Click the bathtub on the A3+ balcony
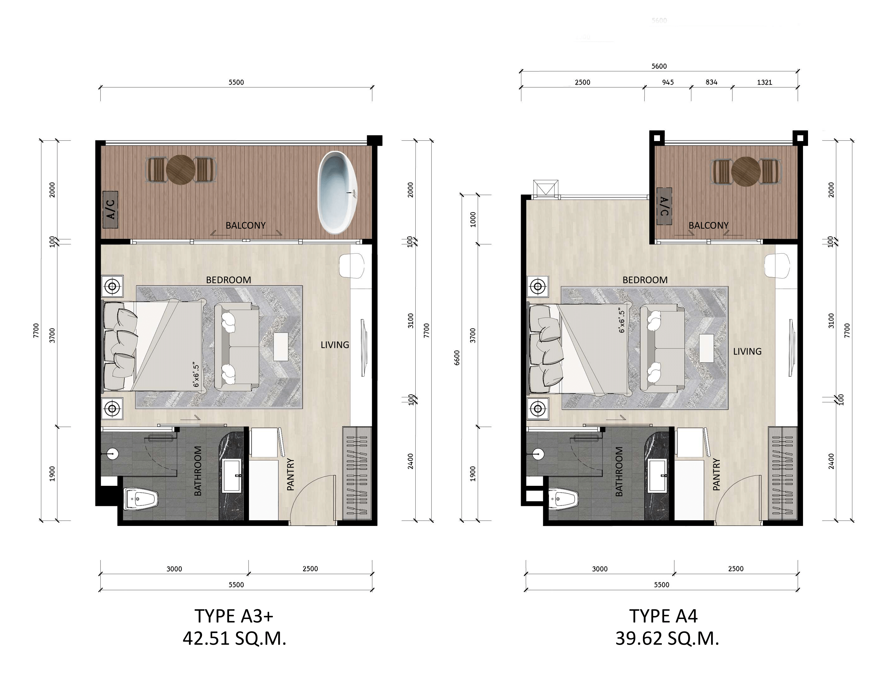coord(338,193)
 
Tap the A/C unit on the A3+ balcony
coord(110,210)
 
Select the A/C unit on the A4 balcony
coord(664,206)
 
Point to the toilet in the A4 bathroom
coord(564,499)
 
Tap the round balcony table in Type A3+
coord(181,170)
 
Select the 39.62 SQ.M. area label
coord(667,639)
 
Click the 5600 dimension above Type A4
coord(659,66)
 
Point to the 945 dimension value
coord(668,82)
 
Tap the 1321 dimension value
coord(764,82)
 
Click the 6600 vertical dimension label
coord(457,357)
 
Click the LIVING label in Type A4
coord(747,351)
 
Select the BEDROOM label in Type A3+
coord(229,280)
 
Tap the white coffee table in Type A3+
coord(281,347)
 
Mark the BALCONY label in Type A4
coord(708,226)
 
